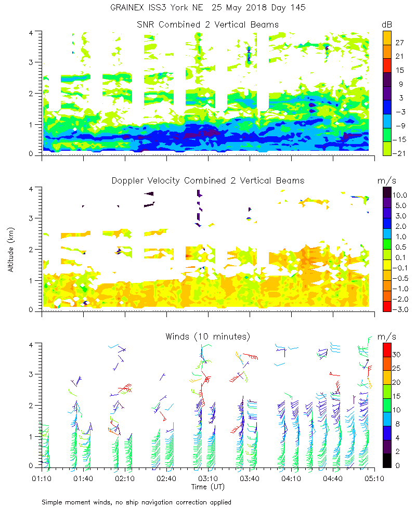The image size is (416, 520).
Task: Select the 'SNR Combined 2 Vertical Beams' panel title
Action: (208, 24)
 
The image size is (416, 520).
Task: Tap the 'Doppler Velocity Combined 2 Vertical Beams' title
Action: (208, 180)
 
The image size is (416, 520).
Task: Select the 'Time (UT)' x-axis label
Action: (208, 486)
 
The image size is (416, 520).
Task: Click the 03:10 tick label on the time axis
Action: (208, 478)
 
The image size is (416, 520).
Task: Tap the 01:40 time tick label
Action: (83, 478)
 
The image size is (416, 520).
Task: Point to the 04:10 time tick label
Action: (291, 478)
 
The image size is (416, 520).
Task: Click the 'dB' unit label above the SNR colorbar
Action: (387, 24)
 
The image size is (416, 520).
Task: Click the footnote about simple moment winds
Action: (136, 502)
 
